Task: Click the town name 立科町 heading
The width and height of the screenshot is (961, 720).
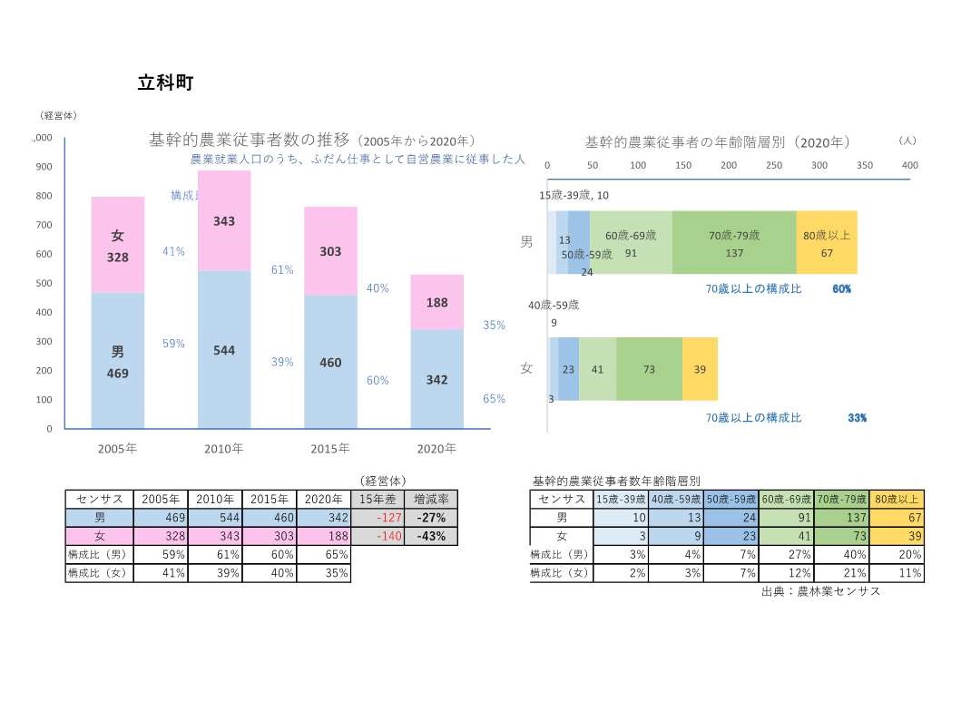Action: tap(165, 83)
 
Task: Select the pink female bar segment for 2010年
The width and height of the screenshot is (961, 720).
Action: tap(224, 220)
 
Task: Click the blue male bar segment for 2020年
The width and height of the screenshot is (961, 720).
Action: tap(436, 379)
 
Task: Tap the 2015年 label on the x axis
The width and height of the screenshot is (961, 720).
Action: tap(330, 448)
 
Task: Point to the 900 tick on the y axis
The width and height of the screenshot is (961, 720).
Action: tap(44, 167)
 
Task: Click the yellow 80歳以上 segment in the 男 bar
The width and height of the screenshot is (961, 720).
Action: tap(826, 243)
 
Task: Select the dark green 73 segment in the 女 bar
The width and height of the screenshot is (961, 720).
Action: tap(649, 369)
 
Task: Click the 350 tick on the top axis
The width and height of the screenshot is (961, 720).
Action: tap(864, 165)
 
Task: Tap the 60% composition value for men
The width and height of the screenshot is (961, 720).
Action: tap(841, 289)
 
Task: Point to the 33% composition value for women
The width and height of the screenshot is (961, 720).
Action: tap(857, 418)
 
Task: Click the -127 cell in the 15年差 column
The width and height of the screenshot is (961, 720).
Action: tap(377, 518)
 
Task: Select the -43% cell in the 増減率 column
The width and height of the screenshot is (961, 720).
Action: tap(430, 536)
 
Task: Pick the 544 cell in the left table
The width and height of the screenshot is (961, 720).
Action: tap(215, 518)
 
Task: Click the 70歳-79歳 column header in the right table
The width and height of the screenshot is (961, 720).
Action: tap(840, 499)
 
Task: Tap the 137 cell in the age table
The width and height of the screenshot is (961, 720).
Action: tap(840, 518)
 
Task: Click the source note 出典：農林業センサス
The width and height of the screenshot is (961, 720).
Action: tap(820, 591)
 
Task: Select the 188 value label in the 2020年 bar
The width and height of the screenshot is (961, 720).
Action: tap(436, 303)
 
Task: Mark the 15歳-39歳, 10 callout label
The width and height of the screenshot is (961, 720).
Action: tap(574, 196)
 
